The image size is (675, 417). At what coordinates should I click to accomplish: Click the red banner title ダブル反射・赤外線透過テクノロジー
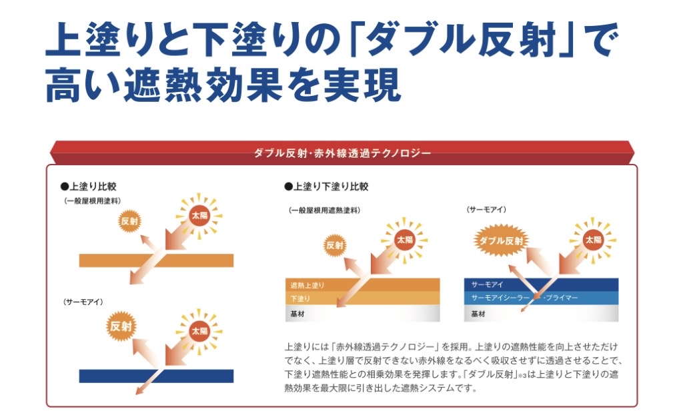[342, 153]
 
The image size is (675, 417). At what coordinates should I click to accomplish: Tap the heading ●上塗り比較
[88, 187]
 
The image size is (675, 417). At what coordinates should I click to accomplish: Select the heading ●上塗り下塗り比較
[326, 187]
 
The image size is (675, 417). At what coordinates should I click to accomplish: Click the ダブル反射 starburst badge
[500, 240]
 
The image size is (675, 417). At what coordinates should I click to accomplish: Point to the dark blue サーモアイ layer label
[488, 284]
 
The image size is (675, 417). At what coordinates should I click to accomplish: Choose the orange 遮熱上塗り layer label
[307, 285]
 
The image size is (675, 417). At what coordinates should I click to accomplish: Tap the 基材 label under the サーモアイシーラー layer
[478, 313]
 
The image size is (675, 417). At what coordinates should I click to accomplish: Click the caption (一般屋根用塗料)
[93, 201]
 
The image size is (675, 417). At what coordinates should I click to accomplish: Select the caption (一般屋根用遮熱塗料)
[325, 210]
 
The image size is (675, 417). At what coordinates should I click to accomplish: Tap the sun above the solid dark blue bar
[199, 330]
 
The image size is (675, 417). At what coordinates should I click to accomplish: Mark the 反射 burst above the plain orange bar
[129, 221]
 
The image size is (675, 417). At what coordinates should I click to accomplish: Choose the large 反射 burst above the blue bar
[122, 326]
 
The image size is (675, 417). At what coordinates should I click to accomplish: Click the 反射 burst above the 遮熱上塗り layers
[335, 244]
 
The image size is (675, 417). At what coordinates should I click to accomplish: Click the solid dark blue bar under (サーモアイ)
[156, 376]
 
